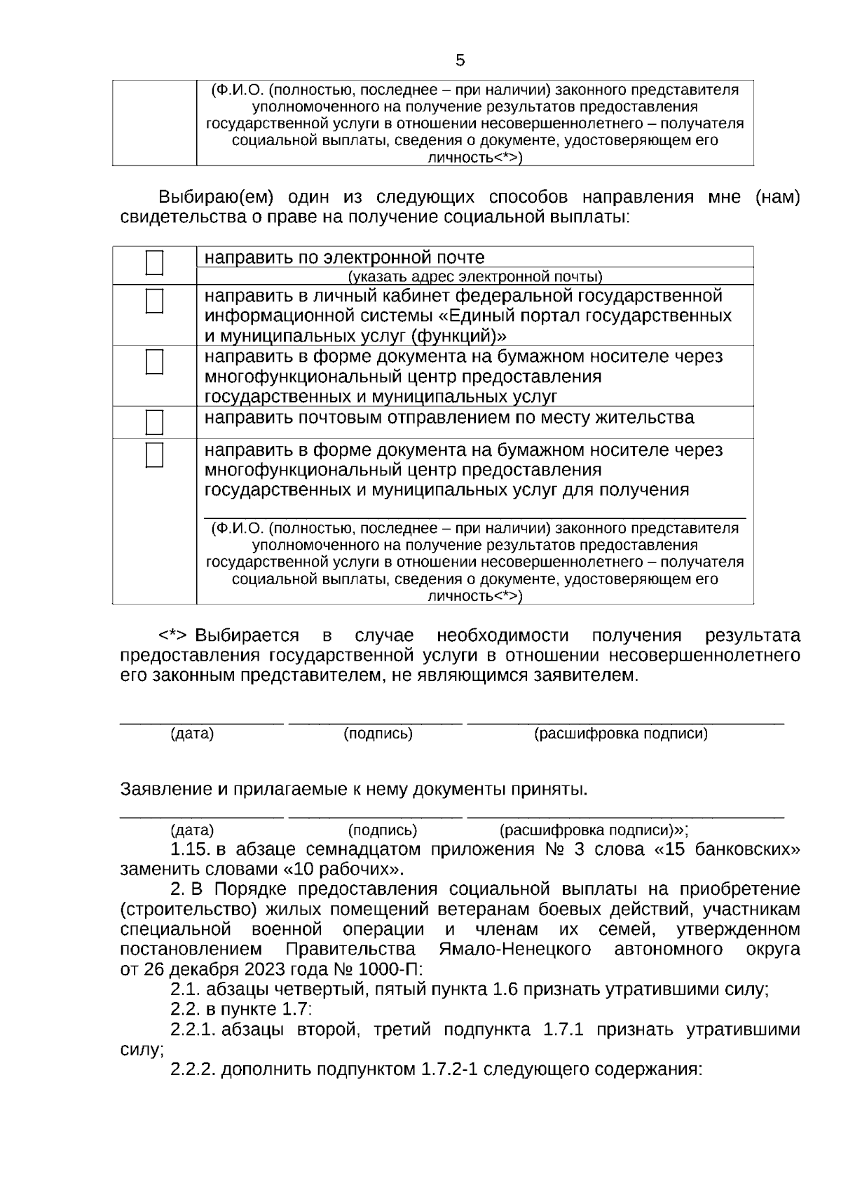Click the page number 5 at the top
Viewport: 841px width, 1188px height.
point(460,61)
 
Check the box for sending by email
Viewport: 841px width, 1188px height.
point(154,263)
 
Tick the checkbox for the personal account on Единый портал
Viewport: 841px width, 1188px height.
point(154,302)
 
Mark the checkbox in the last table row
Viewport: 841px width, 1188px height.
point(154,454)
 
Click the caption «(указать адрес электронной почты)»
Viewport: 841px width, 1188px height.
point(475,276)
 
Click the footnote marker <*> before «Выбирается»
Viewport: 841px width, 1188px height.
point(172,636)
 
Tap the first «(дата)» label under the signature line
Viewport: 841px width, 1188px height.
point(192,734)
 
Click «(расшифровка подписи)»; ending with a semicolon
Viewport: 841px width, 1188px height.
point(594,831)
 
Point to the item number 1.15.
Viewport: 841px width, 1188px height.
point(190,850)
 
